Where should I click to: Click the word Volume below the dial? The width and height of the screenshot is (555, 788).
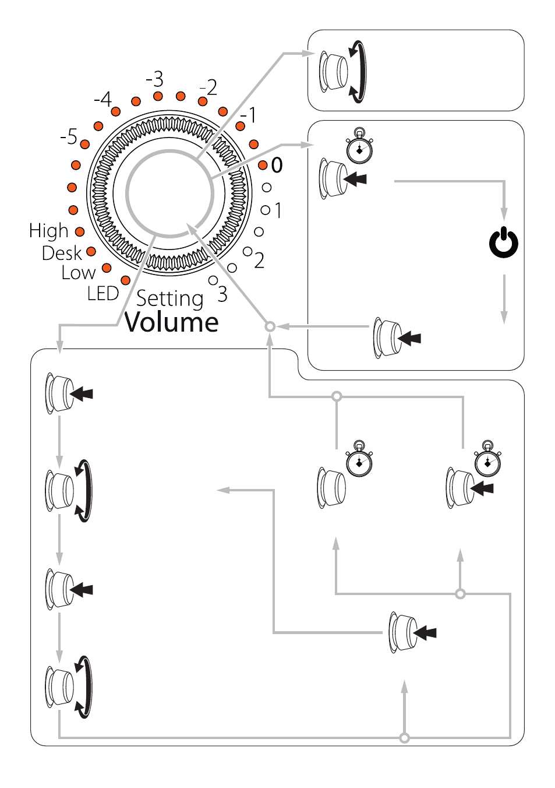point(172,322)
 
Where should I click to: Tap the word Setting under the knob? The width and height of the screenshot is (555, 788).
point(170,299)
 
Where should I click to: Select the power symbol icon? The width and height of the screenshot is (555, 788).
point(503,242)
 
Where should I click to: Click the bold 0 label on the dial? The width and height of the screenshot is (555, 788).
point(277,165)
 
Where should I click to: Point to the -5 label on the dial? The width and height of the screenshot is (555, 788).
point(69,136)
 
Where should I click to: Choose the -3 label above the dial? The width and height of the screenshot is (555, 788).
point(155,79)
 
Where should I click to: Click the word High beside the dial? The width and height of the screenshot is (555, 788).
point(48,231)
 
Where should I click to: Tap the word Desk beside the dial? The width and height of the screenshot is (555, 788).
point(62,253)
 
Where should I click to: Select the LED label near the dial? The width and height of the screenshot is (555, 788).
point(103,293)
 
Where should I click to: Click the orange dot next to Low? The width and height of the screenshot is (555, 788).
point(107,268)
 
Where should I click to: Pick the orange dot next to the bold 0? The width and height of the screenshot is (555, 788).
point(263,165)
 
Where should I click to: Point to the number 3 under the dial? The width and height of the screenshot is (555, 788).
point(222,294)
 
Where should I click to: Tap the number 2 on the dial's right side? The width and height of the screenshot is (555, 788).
point(259,261)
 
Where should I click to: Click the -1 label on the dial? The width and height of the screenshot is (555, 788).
point(248,115)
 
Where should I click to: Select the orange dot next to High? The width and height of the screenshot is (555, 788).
point(80,231)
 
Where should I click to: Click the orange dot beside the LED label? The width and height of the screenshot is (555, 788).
point(125,280)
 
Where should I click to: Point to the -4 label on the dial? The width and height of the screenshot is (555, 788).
point(103,99)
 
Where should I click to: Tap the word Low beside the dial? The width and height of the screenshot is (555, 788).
point(79,273)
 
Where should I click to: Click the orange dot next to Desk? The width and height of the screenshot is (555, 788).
point(91,251)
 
